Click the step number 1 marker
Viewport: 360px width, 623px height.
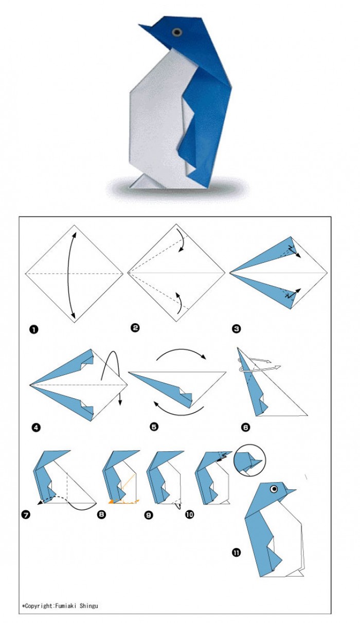[33, 330]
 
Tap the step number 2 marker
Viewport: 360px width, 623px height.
[135, 328]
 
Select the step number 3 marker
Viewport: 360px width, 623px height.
[236, 329]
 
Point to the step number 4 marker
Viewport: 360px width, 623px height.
[36, 427]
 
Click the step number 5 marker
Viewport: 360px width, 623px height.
[154, 426]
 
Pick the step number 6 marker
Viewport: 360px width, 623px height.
[245, 427]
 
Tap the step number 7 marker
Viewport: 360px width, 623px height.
[26, 515]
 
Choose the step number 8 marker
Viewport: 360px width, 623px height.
[101, 514]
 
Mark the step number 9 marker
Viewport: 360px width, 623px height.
[149, 515]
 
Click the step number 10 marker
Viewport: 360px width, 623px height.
[189, 514]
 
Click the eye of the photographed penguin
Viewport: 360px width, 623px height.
[177, 32]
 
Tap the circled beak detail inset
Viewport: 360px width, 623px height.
[249, 460]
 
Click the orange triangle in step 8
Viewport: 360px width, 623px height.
[112, 502]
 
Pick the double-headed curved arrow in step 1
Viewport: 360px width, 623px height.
[67, 274]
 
